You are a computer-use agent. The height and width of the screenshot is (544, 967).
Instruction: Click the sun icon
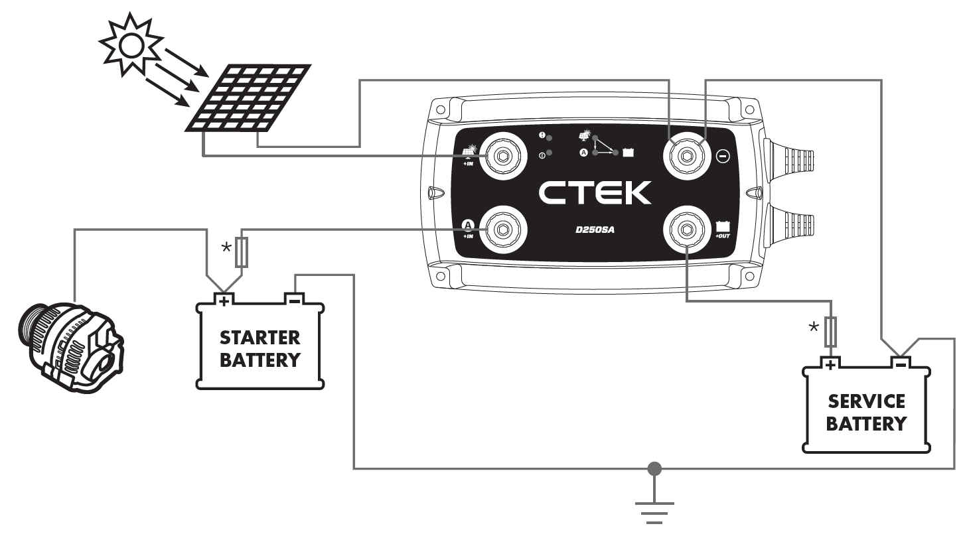pyautogui.click(x=131, y=44)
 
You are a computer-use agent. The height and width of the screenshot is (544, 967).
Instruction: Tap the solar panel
pyautogui.click(x=248, y=98)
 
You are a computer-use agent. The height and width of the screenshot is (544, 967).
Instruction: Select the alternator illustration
pyautogui.click(x=71, y=348)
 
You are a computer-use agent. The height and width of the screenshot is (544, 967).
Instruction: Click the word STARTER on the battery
pyautogui.click(x=260, y=338)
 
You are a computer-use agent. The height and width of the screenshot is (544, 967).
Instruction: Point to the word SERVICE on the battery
pyautogui.click(x=866, y=401)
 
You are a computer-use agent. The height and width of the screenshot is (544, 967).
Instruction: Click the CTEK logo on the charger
pyautogui.click(x=595, y=193)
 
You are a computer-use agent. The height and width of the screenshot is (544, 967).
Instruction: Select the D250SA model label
pyautogui.click(x=595, y=230)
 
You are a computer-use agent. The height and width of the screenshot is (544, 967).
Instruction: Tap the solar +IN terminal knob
pyautogui.click(x=503, y=156)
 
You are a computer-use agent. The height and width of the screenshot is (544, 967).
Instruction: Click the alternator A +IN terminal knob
pyautogui.click(x=503, y=229)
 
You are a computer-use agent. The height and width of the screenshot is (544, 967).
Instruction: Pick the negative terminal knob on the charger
pyautogui.click(x=687, y=156)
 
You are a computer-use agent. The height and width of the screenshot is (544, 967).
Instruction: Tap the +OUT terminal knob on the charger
pyautogui.click(x=687, y=229)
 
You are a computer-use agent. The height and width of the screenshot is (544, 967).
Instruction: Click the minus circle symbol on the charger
pyautogui.click(x=723, y=156)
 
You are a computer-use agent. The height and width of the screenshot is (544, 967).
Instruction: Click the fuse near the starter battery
pyautogui.click(x=242, y=252)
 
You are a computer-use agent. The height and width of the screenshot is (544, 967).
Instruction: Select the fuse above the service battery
pyautogui.click(x=830, y=332)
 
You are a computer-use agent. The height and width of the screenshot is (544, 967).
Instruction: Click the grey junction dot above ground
pyautogui.click(x=654, y=468)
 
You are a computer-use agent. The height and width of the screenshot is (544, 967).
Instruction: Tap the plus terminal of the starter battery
pyautogui.click(x=224, y=300)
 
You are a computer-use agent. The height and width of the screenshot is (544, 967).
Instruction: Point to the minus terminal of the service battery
pyautogui.click(x=901, y=364)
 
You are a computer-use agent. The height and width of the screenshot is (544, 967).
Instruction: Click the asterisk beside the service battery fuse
pyautogui.click(x=814, y=326)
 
